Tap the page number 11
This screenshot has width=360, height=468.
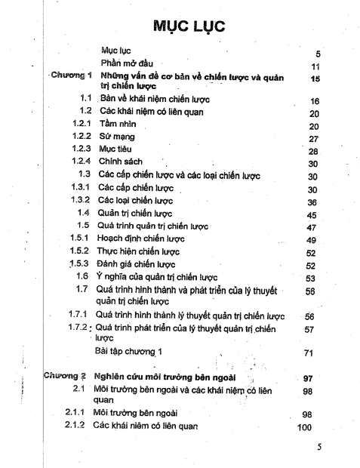[x=317, y=66]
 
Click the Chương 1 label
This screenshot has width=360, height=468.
[x=71, y=75]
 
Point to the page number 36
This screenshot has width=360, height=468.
[x=316, y=202]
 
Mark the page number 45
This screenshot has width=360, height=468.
[x=316, y=215]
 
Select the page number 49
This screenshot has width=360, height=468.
[x=315, y=241]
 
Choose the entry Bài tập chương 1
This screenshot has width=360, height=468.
[x=134, y=352]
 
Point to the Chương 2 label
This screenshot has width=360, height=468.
[x=65, y=375]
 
